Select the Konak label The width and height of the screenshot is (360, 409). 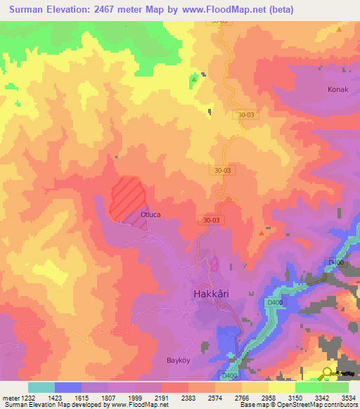338,90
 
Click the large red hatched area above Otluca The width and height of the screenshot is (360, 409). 127,194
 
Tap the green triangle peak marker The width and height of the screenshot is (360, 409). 193,79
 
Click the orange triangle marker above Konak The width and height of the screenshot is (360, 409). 339,30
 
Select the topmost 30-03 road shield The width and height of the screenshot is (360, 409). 219,21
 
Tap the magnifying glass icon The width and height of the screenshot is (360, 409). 328,373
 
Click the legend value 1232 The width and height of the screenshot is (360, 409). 27,398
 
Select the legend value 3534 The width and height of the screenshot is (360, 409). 340,398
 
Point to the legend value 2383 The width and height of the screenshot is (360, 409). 188,398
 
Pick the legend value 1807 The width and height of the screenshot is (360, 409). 108,398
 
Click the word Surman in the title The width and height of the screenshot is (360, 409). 29,10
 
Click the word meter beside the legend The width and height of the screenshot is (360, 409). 11,398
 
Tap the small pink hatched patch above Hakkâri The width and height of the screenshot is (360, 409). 214,264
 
